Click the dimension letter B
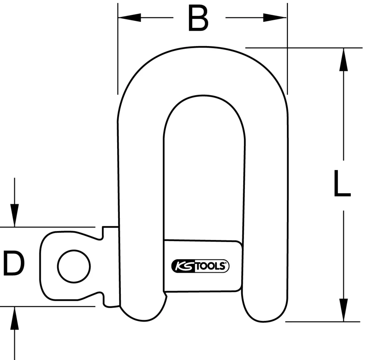coord(199,18)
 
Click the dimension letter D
coord(14,264)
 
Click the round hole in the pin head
coord(74,266)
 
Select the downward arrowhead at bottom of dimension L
coord(343,310)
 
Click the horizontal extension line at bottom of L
coord(321,322)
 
